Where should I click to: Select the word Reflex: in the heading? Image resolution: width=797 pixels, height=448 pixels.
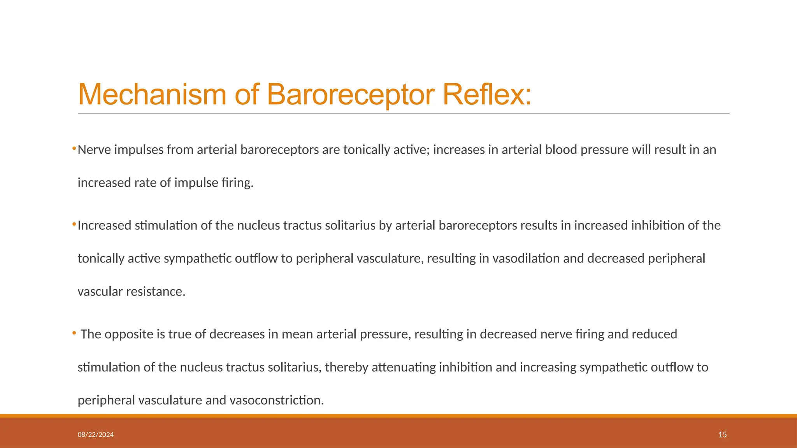pyautogui.click(x=487, y=94)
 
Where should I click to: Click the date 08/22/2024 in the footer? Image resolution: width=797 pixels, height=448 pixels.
pyautogui.click(x=96, y=435)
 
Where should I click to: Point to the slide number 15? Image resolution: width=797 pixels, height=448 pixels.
pyautogui.click(x=722, y=435)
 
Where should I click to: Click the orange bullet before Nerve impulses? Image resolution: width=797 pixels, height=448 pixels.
pyautogui.click(x=74, y=149)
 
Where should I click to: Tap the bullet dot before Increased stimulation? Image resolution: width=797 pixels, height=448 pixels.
pyautogui.click(x=74, y=224)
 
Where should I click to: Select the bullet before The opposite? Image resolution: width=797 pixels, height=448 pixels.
pyautogui.click(x=74, y=333)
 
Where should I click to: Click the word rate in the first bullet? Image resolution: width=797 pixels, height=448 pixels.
pyautogui.click(x=145, y=183)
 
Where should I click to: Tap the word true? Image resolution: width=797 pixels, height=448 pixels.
pyautogui.click(x=180, y=334)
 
